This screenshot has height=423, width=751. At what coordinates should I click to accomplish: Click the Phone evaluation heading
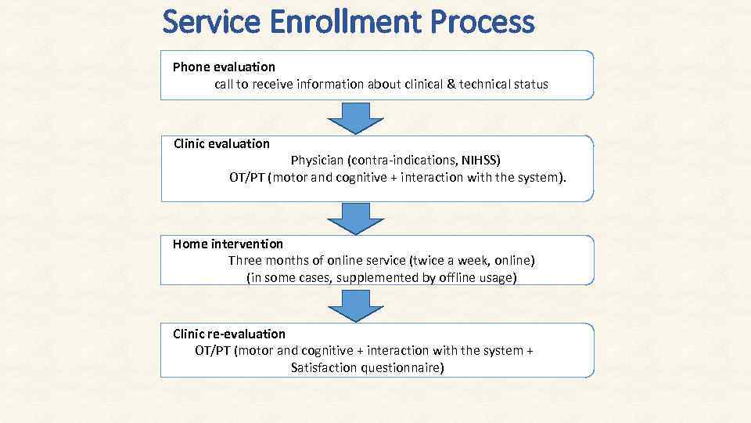point(224,67)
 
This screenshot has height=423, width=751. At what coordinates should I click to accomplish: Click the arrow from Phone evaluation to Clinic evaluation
point(355,117)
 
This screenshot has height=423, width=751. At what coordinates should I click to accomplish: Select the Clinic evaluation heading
point(221,143)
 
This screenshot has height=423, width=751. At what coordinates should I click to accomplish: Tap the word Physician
point(320,161)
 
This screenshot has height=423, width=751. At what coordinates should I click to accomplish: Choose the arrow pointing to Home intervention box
point(355,219)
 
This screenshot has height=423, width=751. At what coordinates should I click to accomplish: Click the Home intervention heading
point(228,244)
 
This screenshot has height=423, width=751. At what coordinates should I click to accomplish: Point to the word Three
point(245,261)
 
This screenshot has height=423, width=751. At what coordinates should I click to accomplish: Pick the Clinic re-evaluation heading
point(229,334)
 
